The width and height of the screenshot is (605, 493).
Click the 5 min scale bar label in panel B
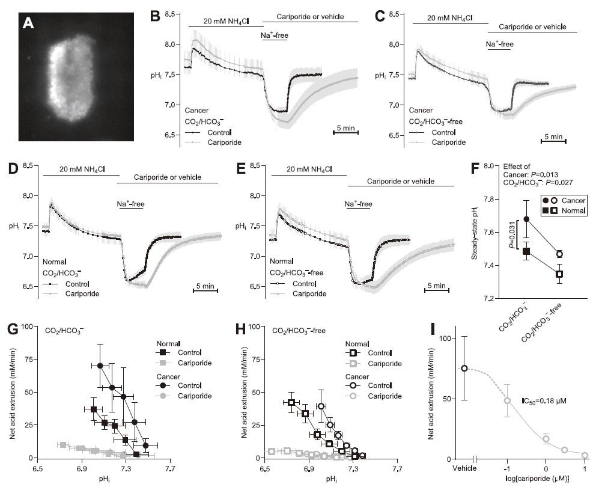[345, 127]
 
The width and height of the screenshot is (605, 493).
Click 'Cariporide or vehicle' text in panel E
[400, 180]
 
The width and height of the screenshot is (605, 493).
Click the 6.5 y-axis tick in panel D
[31, 287]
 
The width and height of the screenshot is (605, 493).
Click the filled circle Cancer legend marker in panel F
[546, 200]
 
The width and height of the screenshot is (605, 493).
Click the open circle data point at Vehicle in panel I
[464, 368]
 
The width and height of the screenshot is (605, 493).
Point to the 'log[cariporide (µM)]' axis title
[538, 478]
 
